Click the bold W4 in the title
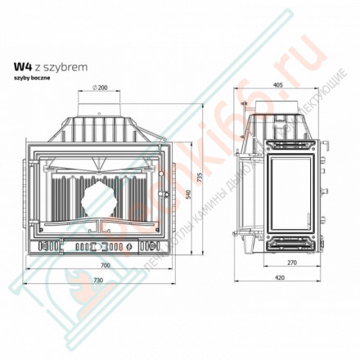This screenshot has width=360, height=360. [x=22, y=69]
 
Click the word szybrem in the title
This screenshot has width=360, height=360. [x=56, y=69]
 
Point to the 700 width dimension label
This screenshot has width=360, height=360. [x=102, y=267]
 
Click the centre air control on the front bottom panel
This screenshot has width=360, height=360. [x=101, y=245]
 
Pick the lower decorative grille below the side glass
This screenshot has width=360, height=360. [x=290, y=241]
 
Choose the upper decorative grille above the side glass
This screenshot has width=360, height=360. [x=290, y=144]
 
